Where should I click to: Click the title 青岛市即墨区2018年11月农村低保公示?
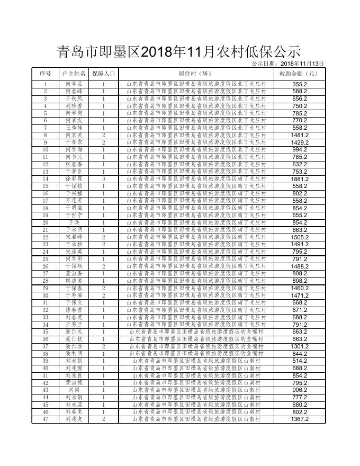pyautogui.click(x=179, y=52)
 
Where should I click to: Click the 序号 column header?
pyautogui.click(x=46, y=74)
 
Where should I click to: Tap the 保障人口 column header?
pyautogui.click(x=103, y=74)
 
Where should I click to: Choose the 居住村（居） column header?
pyautogui.click(x=196, y=74)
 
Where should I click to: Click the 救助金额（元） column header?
pyautogui.click(x=299, y=74)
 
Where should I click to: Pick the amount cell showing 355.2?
pyautogui.click(x=300, y=84)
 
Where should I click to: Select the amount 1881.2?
pyautogui.click(x=300, y=179)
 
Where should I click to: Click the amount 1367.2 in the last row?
pyautogui.click(x=300, y=419)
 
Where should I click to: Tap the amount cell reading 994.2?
pyautogui.click(x=300, y=150)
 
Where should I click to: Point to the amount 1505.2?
pyautogui.click(x=300, y=237)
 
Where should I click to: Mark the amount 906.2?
pyautogui.click(x=300, y=390)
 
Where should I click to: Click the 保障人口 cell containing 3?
pyautogui.click(x=103, y=179)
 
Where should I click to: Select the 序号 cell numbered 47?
pyautogui.click(x=46, y=419)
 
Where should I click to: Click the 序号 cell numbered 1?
pyautogui.click(x=46, y=84)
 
